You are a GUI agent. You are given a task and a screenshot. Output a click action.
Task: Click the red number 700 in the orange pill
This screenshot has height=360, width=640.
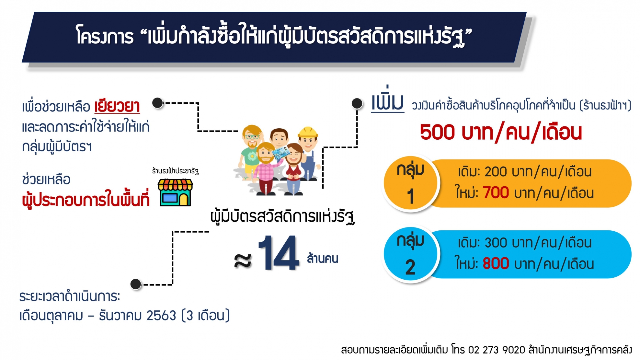pyautogui.click(x=496, y=193)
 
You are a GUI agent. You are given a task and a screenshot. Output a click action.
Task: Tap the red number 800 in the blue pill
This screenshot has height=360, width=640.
pyautogui.click(x=496, y=264)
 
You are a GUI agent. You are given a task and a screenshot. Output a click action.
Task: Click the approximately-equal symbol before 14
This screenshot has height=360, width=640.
pyautogui.click(x=243, y=260)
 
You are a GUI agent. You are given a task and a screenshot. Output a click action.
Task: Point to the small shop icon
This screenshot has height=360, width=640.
pyautogui.click(x=175, y=192)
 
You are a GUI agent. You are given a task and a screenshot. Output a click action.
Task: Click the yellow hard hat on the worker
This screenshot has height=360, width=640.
pyautogui.click(x=308, y=132)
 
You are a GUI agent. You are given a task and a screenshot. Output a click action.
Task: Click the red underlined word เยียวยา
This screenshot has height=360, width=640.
pyautogui.click(x=117, y=106)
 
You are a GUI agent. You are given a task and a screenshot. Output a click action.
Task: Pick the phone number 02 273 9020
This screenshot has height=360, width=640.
pyautogui.click(x=497, y=350)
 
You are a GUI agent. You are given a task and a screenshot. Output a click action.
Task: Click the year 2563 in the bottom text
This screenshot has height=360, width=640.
pyautogui.click(x=161, y=315)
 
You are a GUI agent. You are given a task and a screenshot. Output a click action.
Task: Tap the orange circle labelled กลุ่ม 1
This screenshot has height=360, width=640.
pyautogui.click(x=410, y=183)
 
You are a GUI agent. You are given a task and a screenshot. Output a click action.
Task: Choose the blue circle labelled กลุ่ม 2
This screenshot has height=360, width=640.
pyautogui.click(x=410, y=254)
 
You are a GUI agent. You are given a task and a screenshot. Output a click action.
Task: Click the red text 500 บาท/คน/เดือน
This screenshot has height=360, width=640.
pyautogui.click(x=501, y=132)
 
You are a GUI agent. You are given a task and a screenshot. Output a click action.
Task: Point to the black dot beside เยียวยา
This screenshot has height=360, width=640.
pyautogui.click(x=158, y=103)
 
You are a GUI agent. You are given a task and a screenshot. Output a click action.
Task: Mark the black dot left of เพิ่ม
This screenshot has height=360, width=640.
pyautogui.click(x=357, y=103)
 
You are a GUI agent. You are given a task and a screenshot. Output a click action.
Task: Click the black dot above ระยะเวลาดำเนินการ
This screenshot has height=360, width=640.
pyautogui.click(x=136, y=284)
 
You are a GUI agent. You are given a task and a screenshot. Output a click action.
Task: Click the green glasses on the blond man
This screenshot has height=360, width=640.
pyautogui.click(x=252, y=137)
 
